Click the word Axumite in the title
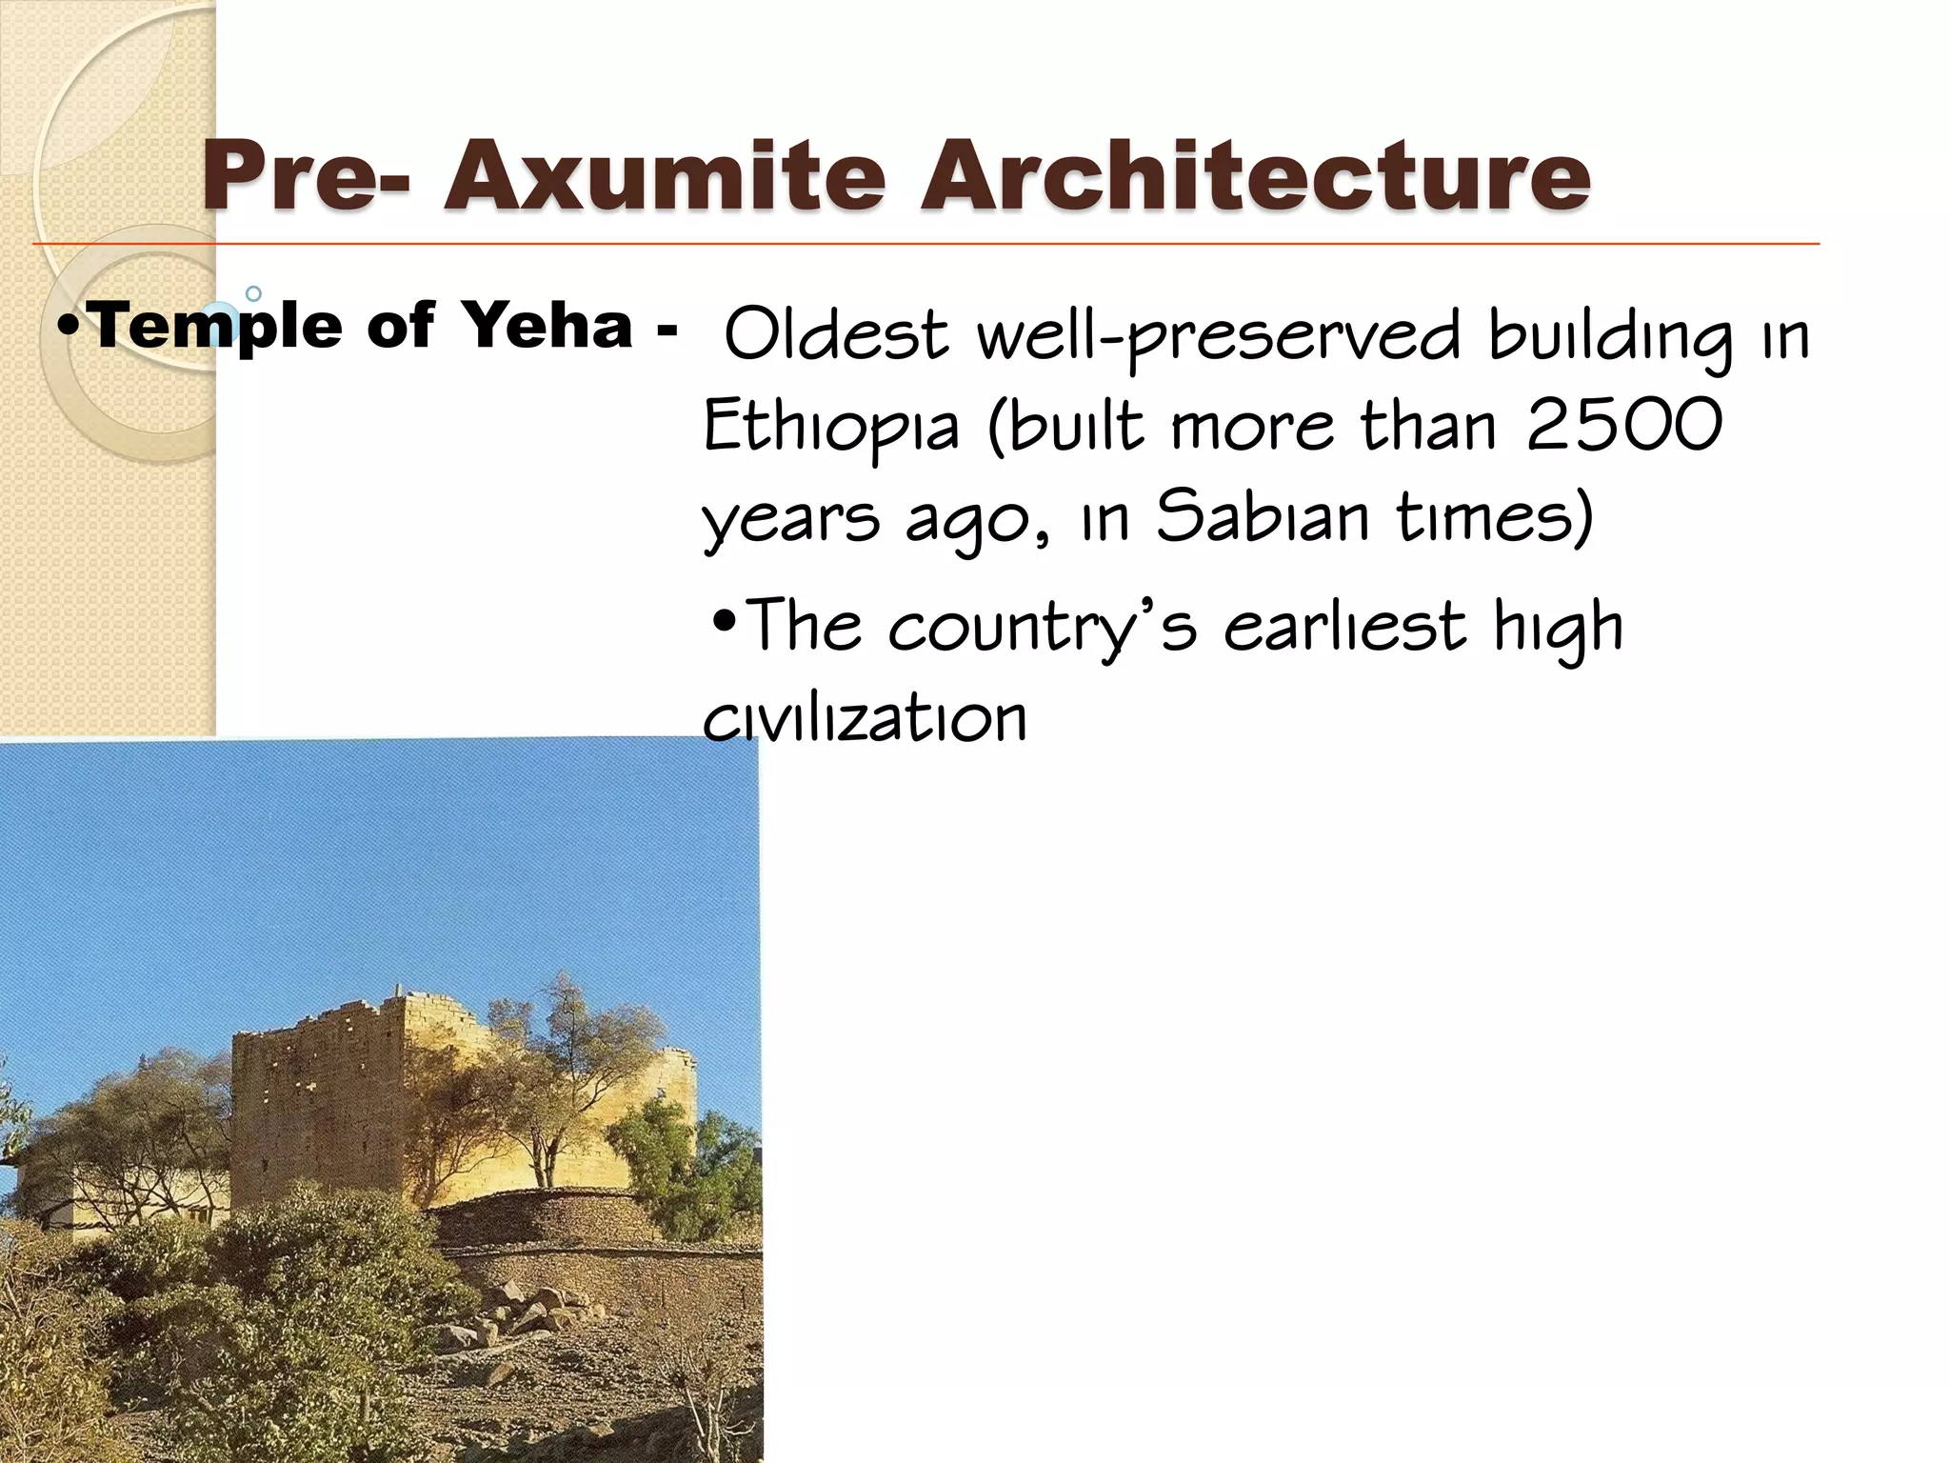pos(664,175)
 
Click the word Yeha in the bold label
pos(547,325)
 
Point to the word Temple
pos(218,327)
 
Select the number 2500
pos(1624,425)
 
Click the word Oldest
pos(836,335)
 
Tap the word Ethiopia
pos(830,429)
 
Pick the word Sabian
pos(1262,517)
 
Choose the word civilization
pos(865,718)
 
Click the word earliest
pos(1344,627)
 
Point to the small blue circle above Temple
pos(253,293)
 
